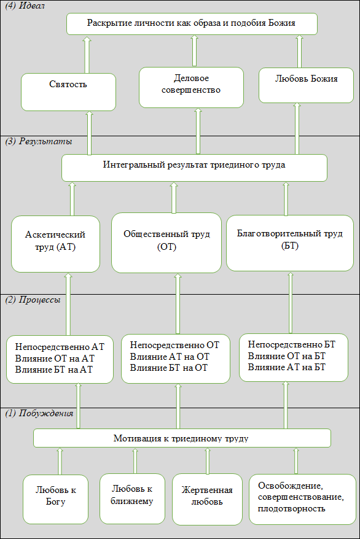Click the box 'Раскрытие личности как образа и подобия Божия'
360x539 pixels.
(192, 24)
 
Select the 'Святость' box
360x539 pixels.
(68, 92)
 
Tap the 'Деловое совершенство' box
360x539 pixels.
(191, 87)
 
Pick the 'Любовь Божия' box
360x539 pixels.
(306, 85)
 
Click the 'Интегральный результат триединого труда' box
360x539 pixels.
(194, 168)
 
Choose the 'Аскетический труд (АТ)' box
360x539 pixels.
(55, 244)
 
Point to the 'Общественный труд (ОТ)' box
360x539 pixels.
(166, 242)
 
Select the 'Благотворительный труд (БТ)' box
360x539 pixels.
(290, 243)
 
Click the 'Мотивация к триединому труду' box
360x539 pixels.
(182, 438)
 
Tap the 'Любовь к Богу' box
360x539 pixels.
(56, 499)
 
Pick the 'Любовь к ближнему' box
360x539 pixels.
(132, 498)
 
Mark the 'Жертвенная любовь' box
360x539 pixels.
(207, 499)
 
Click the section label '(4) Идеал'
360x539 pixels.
(25, 6)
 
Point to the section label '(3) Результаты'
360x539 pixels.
(39, 141)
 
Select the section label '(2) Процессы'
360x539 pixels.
(33, 300)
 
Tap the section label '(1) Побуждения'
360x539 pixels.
(39, 413)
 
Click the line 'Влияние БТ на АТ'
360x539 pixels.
(54, 370)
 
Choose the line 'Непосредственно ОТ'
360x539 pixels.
(174, 345)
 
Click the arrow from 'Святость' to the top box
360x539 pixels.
(87, 54)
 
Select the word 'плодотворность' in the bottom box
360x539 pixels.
(292, 508)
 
